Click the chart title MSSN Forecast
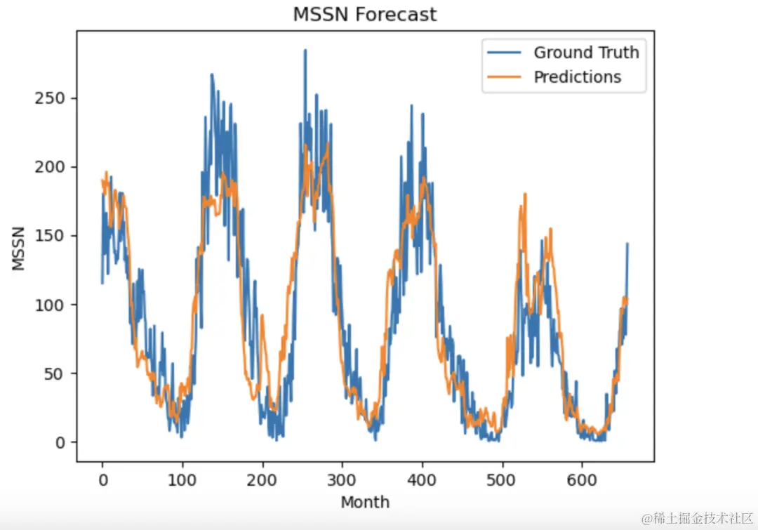click(365, 14)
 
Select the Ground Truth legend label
click(586, 53)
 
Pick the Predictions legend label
click(577, 77)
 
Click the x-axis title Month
click(365, 502)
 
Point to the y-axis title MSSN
click(19, 248)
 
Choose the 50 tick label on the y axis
click(56, 373)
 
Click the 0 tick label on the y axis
click(60, 442)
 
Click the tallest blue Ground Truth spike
click(305, 51)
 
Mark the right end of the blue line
click(627, 244)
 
